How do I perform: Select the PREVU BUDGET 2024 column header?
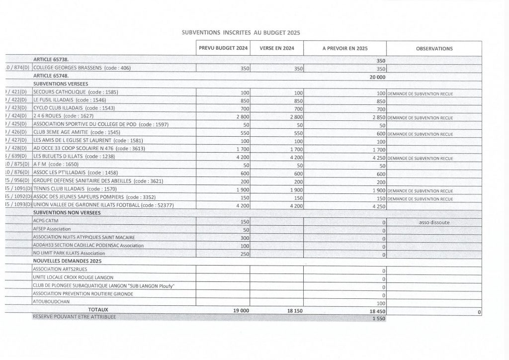(x=223, y=49)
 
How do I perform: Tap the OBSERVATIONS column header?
(x=434, y=49)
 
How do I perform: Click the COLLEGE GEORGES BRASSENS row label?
(x=82, y=68)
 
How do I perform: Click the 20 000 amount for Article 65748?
(x=378, y=77)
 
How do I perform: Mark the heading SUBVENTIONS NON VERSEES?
(x=67, y=213)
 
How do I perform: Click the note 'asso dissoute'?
(x=434, y=222)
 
